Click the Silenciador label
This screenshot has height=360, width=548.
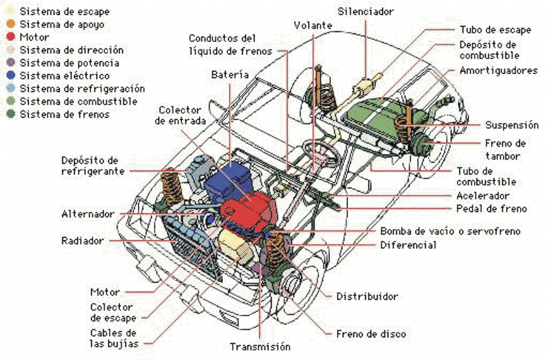tap(366, 12)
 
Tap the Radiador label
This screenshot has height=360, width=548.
tap(84, 241)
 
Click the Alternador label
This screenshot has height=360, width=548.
tap(87, 214)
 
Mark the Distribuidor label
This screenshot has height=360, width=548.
tap(367, 296)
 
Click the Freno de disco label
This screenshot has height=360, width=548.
tap(371, 334)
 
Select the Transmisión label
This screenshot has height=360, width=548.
tap(259, 347)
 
